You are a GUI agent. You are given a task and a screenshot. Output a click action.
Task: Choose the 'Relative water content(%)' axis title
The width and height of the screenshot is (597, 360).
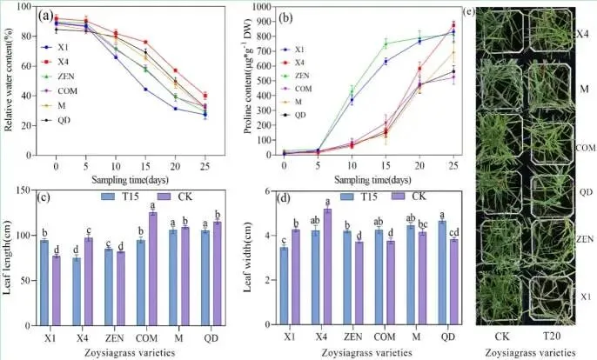8,79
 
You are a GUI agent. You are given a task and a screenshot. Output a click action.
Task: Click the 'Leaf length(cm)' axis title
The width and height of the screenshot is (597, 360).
9,262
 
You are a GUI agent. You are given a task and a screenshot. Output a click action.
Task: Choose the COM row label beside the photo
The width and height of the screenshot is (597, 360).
585,148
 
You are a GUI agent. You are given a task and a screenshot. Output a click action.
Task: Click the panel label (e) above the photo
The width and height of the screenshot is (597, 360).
470,13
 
